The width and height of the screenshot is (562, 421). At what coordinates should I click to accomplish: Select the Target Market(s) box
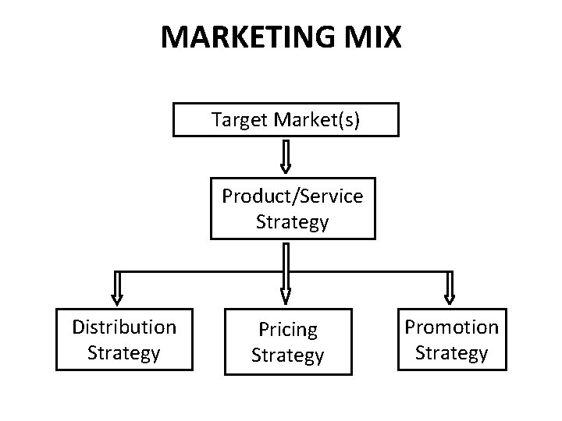286,120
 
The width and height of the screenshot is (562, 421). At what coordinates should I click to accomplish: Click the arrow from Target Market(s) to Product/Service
286,156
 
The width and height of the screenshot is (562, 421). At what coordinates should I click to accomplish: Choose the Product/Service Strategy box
292,209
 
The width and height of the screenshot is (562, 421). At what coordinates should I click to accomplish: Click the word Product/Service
292,196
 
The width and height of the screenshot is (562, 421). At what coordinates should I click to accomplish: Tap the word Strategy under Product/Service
292,222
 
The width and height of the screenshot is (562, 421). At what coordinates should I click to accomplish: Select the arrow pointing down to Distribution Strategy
117,287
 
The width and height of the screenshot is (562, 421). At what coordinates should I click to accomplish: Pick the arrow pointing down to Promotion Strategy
449,287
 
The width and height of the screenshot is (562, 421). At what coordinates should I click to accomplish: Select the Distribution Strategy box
124,339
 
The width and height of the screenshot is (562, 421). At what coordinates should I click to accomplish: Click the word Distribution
124,327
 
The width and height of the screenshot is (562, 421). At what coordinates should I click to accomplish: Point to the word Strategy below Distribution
124,352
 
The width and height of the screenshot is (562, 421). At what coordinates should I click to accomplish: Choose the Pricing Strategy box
287,342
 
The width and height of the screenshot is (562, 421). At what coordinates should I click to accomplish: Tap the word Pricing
287,331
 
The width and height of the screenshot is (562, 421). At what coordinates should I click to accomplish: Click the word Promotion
451,327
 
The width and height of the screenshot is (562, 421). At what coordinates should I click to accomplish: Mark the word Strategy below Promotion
451,352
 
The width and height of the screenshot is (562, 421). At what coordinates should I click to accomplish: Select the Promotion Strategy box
451,339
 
